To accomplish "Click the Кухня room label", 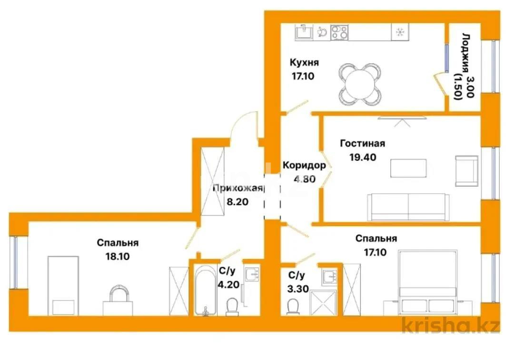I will [304, 63].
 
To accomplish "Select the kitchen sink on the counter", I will [303, 32].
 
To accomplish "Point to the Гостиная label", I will [362, 143].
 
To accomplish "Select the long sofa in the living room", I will [408, 207].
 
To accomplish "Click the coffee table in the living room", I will [408, 168].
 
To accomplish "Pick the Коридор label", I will [304, 165].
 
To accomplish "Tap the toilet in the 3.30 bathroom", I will [294, 306].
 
